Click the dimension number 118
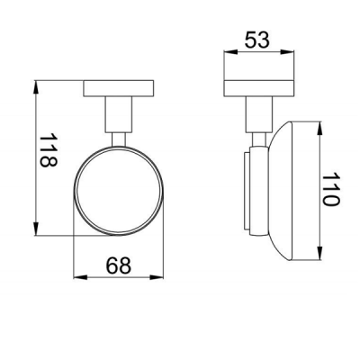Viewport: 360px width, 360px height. click(x=49, y=150)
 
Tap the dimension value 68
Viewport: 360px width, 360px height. click(x=119, y=265)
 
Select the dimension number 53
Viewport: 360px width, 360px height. click(x=257, y=40)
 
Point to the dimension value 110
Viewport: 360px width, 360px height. click(x=330, y=189)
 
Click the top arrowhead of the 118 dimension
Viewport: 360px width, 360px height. click(x=36, y=87)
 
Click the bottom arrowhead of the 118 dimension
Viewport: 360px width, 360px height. click(x=36, y=229)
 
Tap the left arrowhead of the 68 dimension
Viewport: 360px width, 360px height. click(x=80, y=277)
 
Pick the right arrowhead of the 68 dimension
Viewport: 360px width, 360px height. click(x=157, y=277)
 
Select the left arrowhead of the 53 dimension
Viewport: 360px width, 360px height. click(x=230, y=52)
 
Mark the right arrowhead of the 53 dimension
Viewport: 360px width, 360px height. click(x=287, y=52)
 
